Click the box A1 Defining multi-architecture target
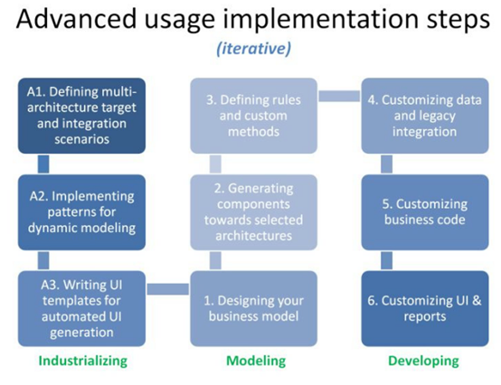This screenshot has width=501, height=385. tap(81, 116)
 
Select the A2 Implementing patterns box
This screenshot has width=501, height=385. tap(81, 212)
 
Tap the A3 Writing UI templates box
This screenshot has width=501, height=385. tap(81, 309)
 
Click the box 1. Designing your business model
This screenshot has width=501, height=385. tap(254, 309)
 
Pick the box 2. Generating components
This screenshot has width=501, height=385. tap(254, 212)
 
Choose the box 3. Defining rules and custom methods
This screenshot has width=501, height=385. tap(254, 116)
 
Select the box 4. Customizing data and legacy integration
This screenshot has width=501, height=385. tap(425, 116)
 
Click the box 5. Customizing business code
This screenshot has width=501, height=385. tap(425, 212)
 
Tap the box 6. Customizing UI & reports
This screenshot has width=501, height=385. tap(425, 309)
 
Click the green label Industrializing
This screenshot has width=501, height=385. tap(83, 362)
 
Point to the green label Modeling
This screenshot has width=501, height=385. tap(256, 361)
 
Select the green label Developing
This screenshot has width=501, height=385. tap(423, 362)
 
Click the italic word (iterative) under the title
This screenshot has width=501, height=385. tap(254, 49)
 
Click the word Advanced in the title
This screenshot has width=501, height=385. tap(76, 19)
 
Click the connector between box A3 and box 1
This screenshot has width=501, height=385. tap(168, 289)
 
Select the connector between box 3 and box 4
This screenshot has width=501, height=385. tap(339, 96)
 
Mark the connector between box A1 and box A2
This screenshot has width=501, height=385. tap(43, 164)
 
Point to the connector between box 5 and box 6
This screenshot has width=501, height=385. tap(387, 260)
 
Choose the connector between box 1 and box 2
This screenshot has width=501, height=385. tap(215, 260)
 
